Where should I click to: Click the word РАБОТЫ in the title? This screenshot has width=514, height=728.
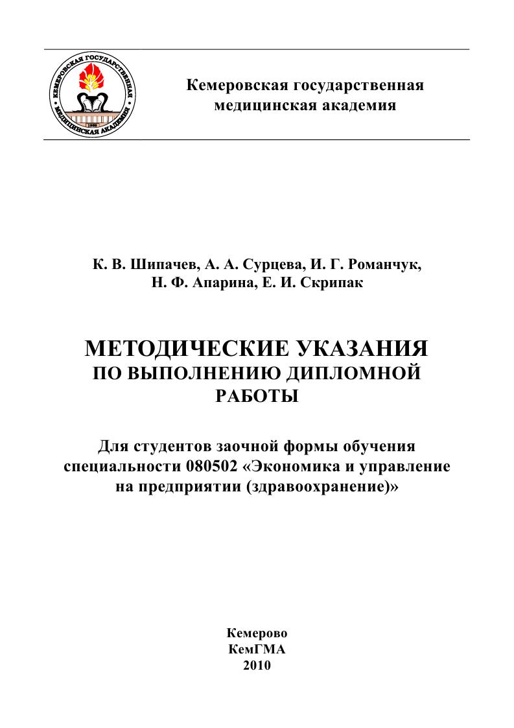[256, 395]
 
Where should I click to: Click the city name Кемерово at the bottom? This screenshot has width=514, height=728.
[257, 633]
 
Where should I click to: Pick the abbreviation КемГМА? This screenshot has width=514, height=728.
[257, 649]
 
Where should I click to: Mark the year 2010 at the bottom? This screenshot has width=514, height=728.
[257, 665]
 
